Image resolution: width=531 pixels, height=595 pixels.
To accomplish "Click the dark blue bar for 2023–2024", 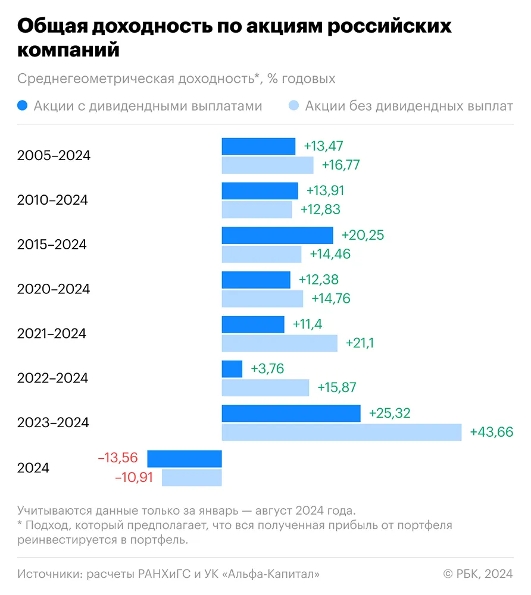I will (x=291, y=414).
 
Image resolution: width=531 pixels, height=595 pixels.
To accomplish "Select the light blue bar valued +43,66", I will (x=342, y=432).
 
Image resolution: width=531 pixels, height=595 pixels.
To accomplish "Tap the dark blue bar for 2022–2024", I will (x=232, y=369).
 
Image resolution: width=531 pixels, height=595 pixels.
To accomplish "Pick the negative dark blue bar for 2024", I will (x=185, y=459).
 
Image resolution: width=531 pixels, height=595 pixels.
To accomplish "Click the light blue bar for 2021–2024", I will (x=280, y=343).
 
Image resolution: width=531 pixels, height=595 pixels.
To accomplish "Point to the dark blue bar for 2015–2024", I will (x=277, y=236).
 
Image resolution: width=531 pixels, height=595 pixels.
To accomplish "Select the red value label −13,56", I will (x=118, y=458).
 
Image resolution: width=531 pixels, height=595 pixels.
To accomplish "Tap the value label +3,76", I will (x=267, y=369).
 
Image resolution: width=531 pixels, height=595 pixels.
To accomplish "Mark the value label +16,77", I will (x=341, y=165).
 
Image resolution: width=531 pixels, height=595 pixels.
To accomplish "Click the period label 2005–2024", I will (x=54, y=156).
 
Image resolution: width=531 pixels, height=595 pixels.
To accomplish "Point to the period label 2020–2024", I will (x=54, y=289).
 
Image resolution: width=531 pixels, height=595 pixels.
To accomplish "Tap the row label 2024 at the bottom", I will (x=33, y=468).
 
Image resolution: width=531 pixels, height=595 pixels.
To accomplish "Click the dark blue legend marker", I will (x=23, y=107).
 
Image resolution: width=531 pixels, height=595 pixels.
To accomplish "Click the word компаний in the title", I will (x=68, y=50).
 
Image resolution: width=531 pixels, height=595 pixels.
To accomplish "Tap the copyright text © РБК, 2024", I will (x=478, y=574).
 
